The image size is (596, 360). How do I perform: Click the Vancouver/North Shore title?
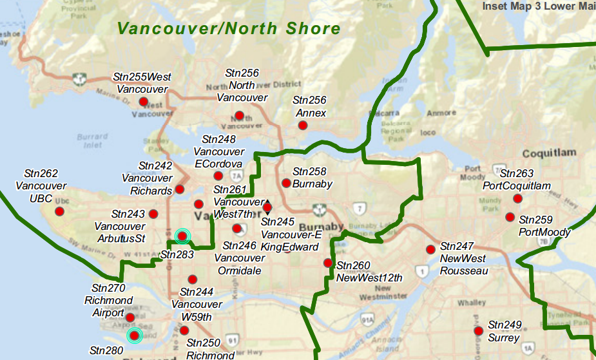(229, 28)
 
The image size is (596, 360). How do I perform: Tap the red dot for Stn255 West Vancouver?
(144, 102)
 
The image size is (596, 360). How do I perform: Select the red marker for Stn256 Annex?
(302, 125)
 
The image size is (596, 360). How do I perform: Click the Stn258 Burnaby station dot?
(286, 183)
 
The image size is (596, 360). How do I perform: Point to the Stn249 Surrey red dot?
(478, 331)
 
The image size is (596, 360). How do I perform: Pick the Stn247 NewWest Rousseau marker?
(430, 249)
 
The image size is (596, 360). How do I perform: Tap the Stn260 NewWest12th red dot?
(328, 263)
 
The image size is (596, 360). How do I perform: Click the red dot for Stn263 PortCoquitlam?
(517, 198)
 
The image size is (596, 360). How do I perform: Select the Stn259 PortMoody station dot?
(510, 217)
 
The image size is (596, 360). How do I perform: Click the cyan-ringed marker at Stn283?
(182, 236)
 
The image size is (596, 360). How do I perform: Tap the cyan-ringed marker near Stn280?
(134, 335)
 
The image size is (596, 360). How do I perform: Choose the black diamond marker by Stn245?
(268, 207)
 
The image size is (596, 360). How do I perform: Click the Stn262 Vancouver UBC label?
(41, 186)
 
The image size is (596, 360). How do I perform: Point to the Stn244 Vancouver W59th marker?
(192, 279)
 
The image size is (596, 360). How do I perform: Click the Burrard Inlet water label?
(92, 140)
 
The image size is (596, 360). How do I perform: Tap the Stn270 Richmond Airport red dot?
(130, 317)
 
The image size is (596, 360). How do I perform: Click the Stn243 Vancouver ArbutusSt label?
(120, 226)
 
